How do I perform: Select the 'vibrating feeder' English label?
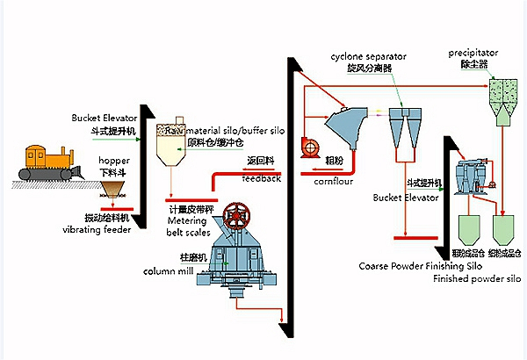click(96, 229)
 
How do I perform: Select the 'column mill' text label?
click(168, 270)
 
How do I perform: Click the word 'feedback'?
click(263, 178)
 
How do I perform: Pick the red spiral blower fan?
click(308, 146)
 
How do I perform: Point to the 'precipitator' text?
click(472, 53)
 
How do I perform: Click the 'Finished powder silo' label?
click(478, 278)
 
